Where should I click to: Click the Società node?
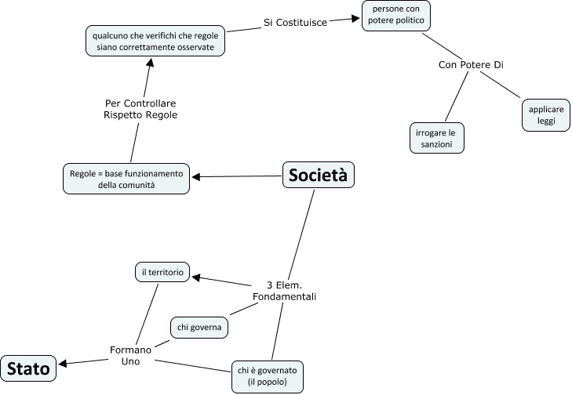[x=318, y=176]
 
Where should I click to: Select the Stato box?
[x=29, y=367]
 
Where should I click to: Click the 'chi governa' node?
[x=199, y=326]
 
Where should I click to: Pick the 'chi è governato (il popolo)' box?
[x=267, y=376]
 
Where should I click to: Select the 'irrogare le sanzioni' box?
[x=435, y=138]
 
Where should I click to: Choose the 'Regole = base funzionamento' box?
[x=127, y=179]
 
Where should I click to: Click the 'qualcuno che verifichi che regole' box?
[x=155, y=41]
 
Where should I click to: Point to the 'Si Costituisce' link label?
[x=294, y=23]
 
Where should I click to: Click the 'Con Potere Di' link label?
[x=470, y=64]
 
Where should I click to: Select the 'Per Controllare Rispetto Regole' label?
[x=140, y=109]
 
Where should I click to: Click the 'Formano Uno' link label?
[x=130, y=354]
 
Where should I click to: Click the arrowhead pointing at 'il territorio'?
[x=198, y=277]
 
